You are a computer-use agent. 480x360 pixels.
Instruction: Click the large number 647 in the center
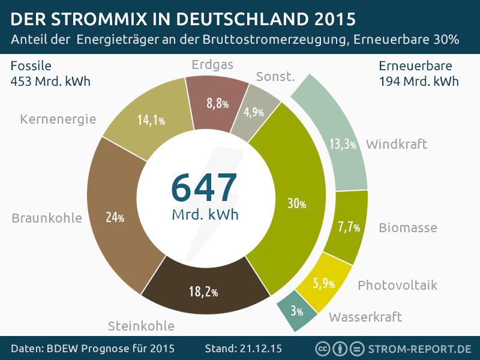pyautogui.click(x=205, y=187)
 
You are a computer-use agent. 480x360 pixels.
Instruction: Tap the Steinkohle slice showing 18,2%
pyautogui.click(x=203, y=292)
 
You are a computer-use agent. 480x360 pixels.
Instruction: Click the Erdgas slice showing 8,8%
pyautogui.click(x=217, y=103)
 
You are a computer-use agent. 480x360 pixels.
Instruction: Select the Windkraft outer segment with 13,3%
pyautogui.click(x=343, y=144)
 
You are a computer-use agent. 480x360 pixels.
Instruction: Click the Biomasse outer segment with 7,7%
pyautogui.click(x=348, y=227)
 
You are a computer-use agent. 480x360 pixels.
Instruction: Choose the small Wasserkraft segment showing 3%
pyautogui.click(x=296, y=311)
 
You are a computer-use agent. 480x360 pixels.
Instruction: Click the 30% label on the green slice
pyautogui.click(x=296, y=204)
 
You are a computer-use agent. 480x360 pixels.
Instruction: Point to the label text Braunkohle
pyautogui.click(x=47, y=218)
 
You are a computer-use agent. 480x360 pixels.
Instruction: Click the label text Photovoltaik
pyautogui.click(x=397, y=285)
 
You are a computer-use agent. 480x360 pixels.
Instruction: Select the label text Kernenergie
pyautogui.click(x=58, y=119)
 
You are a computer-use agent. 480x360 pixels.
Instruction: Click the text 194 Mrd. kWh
pyautogui.click(x=419, y=81)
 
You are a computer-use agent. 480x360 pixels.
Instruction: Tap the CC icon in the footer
pyautogui.click(x=322, y=349)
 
